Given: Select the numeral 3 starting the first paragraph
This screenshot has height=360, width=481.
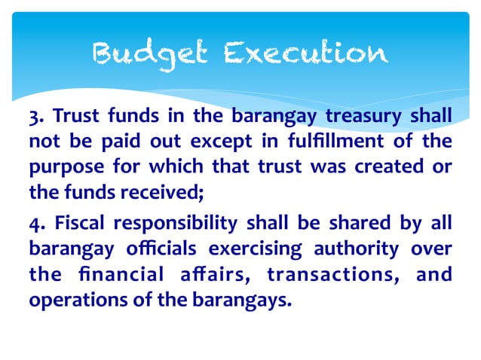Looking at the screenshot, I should click(34, 117).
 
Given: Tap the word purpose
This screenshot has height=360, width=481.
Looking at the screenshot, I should click(59, 166).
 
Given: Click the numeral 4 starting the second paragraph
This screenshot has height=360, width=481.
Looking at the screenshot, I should click(34, 224).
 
